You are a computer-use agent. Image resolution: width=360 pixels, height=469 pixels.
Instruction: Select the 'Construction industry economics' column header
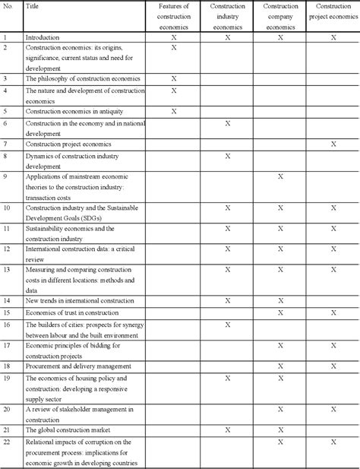coord(227,16)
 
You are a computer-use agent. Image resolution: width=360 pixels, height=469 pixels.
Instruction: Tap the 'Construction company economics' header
coord(280,16)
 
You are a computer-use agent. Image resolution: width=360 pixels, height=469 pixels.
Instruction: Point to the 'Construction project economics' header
coord(333,16)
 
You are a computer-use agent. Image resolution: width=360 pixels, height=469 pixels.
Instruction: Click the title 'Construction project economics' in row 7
coord(68,143)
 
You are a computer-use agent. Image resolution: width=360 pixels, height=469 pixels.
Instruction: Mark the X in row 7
coord(333,143)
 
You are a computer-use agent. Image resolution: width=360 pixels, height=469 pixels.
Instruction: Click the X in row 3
coord(174,78)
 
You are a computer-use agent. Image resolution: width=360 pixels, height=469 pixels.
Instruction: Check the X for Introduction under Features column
coord(174,36)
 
